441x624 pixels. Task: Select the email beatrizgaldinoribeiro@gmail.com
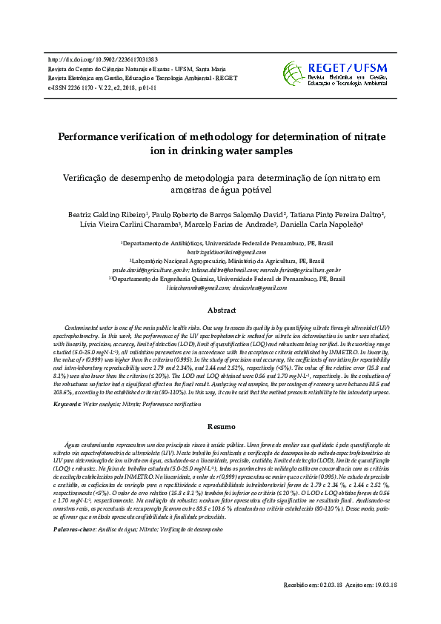(220, 252)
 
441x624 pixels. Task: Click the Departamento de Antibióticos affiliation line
(220, 243)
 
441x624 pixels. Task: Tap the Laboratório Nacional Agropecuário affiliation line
(220, 262)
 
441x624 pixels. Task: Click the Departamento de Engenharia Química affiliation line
(220, 279)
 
